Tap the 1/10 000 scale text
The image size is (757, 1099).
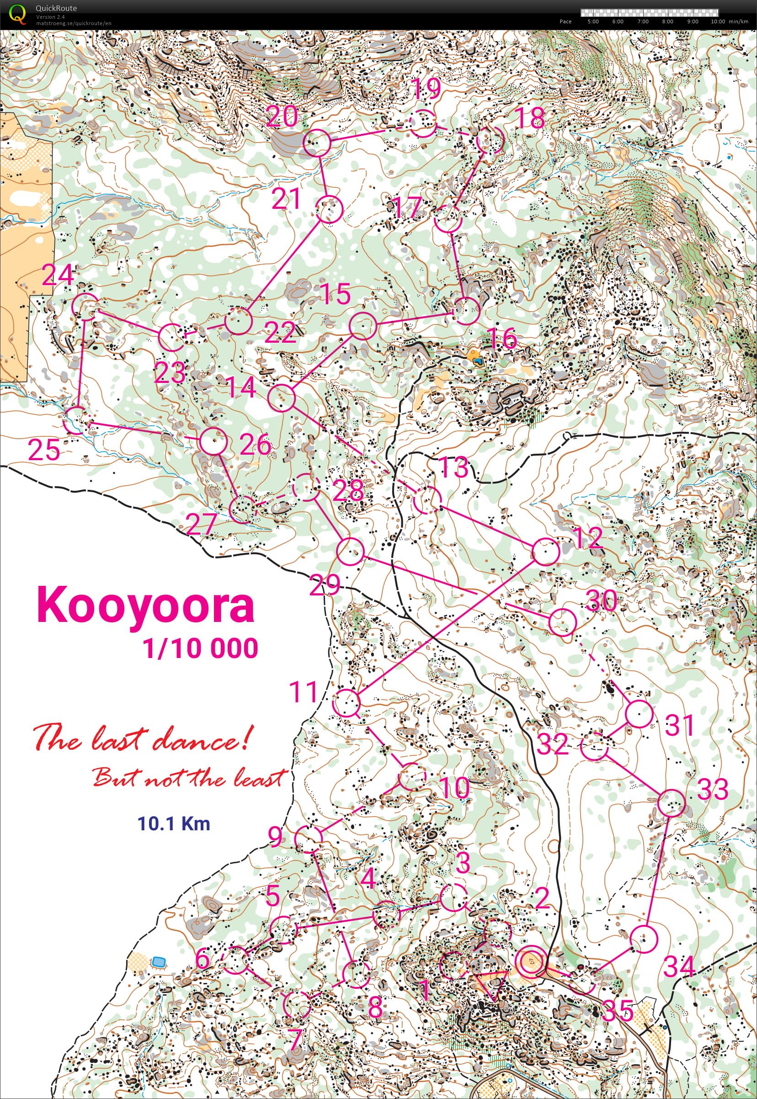tap(201, 648)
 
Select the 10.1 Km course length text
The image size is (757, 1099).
tap(174, 823)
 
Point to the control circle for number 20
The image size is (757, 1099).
tap(316, 143)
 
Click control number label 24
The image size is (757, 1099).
tap(58, 276)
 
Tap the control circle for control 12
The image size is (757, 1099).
tap(545, 552)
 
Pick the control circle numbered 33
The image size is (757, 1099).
tap(672, 803)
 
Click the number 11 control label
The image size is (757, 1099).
tap(304, 692)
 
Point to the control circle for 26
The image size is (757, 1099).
tap(213, 441)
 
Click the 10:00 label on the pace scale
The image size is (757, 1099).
tap(718, 21)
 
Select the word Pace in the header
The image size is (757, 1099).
tap(565, 21)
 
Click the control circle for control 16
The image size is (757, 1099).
tap(467, 310)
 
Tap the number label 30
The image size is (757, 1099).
tap(601, 601)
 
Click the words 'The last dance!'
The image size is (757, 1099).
tap(141, 738)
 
